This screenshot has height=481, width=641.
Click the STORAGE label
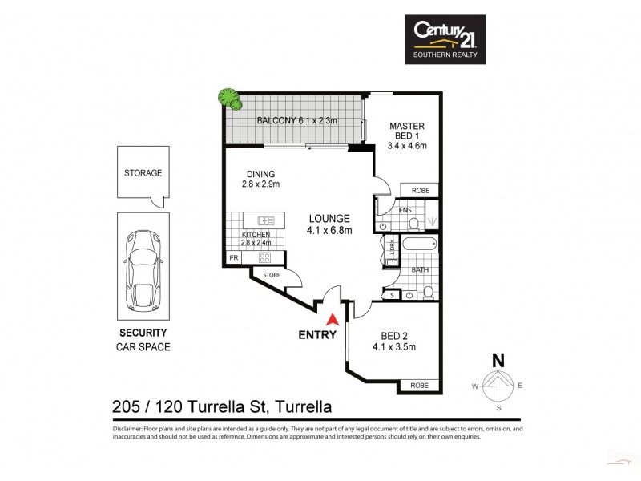pyautogui.click(x=143, y=172)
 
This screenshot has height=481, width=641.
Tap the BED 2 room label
pyautogui.click(x=393, y=341)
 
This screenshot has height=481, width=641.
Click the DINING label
pyautogui.click(x=260, y=179)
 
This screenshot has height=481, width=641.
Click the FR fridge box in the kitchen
pyautogui.click(x=234, y=257)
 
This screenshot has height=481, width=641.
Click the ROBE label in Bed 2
pyautogui.click(x=420, y=386)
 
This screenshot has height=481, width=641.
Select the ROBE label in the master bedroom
pyautogui.click(x=421, y=190)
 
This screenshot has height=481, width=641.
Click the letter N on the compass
pyautogui.click(x=498, y=360)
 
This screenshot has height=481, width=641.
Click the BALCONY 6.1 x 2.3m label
pyautogui.click(x=296, y=122)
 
